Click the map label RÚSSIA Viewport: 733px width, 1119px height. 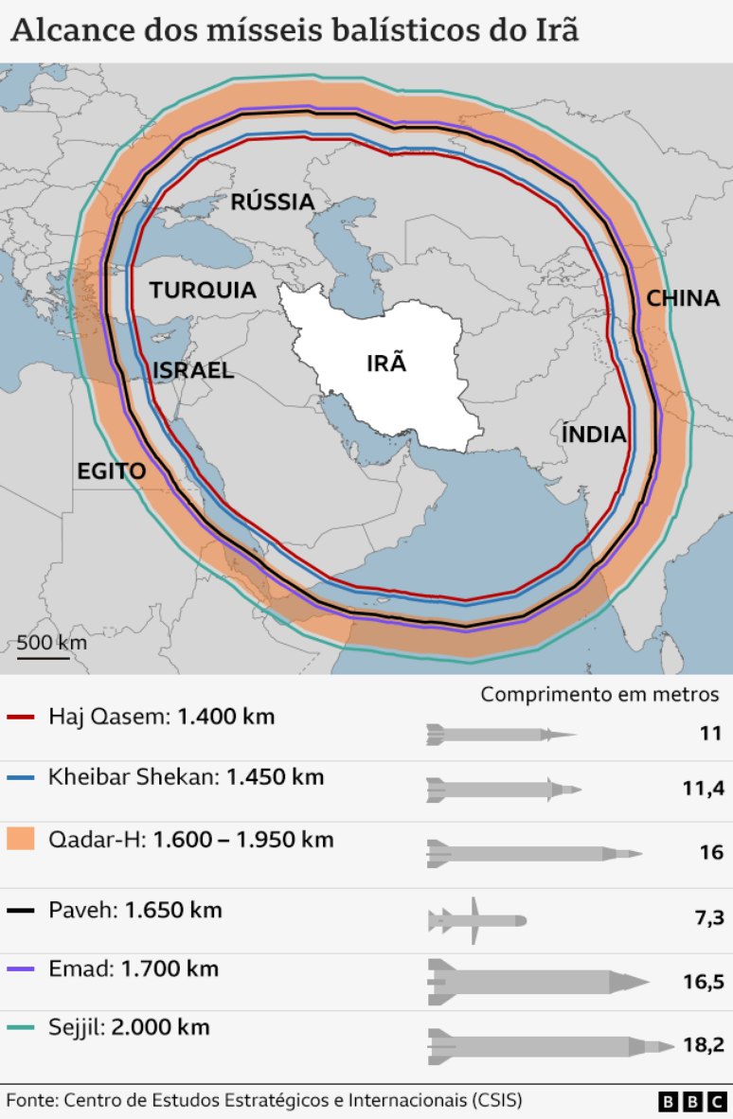tap(273, 202)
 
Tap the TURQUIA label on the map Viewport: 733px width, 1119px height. tap(203, 290)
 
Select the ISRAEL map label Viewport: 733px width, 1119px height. tap(192, 370)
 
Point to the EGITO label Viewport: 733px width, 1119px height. tap(112, 471)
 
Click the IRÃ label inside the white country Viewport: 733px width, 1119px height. tap(386, 363)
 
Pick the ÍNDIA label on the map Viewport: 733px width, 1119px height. tap(595, 435)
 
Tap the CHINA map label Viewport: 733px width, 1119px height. tap(683, 298)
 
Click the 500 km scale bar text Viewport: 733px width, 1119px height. tap(52, 642)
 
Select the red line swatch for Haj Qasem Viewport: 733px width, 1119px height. tap(21, 718)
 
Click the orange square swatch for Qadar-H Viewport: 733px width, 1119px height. tap(21, 840)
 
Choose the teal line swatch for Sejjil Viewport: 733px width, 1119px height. tap(21, 1028)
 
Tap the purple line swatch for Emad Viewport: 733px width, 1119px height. tap(21, 969)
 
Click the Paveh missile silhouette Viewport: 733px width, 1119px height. tap(476, 919)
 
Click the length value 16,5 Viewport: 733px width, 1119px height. tap(703, 982)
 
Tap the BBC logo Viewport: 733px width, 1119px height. tap(693, 1101)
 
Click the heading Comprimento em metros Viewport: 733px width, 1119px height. tap(599, 694)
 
